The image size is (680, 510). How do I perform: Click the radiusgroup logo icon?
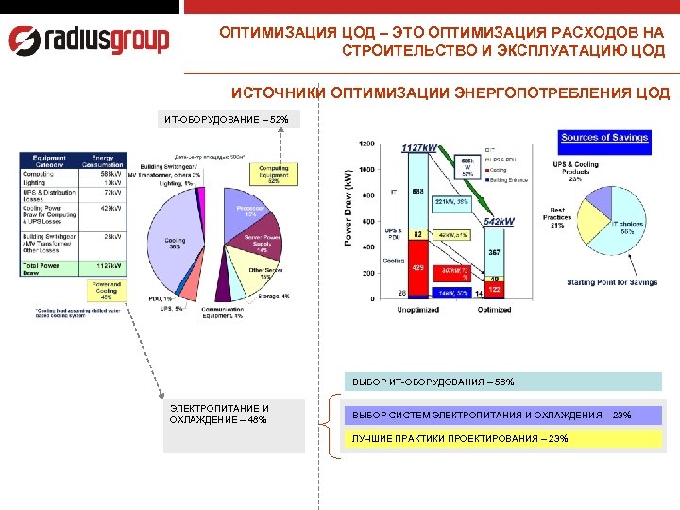pos(25,40)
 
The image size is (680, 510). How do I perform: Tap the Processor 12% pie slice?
pos(249,212)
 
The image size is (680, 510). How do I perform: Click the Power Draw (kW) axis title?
pos(348,222)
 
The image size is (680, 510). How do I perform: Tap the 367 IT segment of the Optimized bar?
pos(494,253)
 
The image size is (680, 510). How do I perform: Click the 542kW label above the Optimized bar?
pos(499,221)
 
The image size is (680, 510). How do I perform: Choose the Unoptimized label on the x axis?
pos(417,310)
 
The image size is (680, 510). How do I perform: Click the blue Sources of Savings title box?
pos(604,139)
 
